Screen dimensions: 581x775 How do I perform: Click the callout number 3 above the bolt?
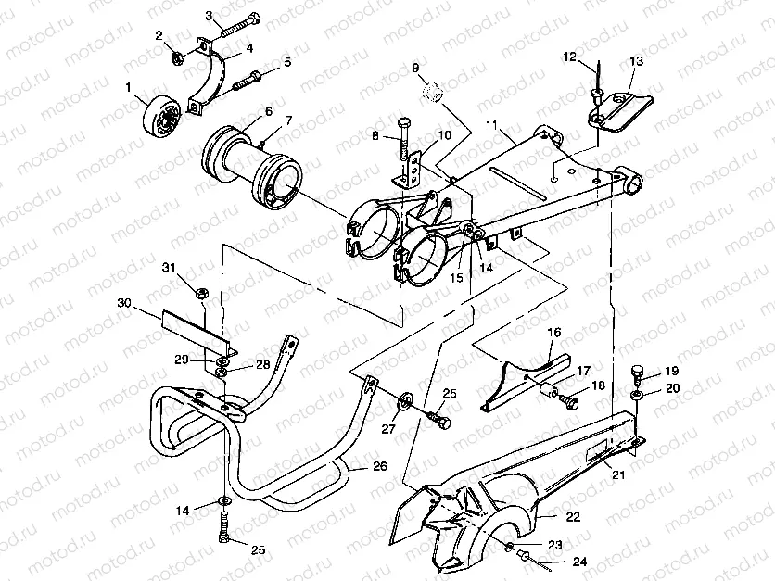[x=210, y=15]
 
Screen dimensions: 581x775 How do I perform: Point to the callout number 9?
[x=415, y=67]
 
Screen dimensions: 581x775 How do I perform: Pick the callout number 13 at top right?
[x=636, y=61]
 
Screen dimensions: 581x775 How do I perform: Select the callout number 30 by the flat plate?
[x=124, y=302]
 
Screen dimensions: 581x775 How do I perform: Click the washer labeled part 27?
[x=406, y=401]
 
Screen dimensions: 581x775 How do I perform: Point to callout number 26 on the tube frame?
[x=379, y=466]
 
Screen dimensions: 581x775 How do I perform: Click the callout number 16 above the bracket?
[x=553, y=332]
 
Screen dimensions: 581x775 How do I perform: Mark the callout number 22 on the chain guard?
[x=574, y=517]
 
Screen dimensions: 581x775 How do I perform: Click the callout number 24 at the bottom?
[x=579, y=561]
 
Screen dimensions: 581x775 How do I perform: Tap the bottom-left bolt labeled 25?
[x=222, y=533]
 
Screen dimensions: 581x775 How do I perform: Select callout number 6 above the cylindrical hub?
[x=268, y=111]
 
